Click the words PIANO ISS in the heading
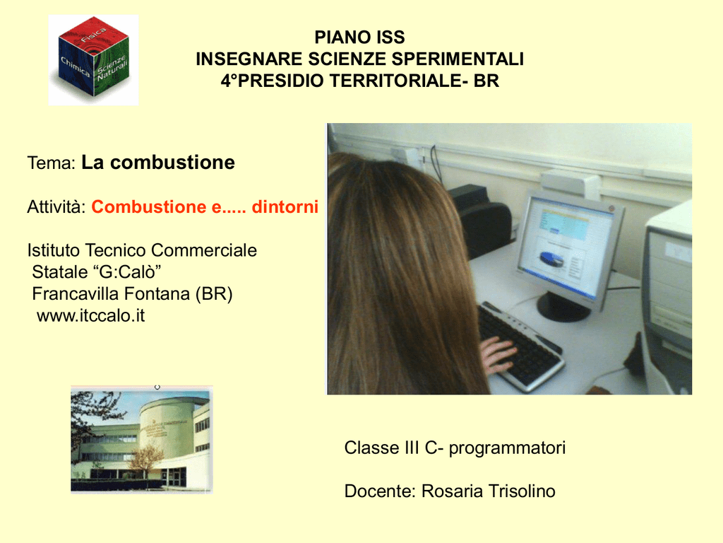tap(359, 37)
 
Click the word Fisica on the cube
tap(94, 35)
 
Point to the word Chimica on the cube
tap(75, 66)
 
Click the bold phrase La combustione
tap(158, 163)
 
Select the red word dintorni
tap(285, 206)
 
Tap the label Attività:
tap(56, 206)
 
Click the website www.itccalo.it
tap(91, 315)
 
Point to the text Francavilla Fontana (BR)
tap(132, 293)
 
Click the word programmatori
tap(507, 448)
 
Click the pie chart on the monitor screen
tap(552, 260)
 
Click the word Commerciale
tap(204, 250)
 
